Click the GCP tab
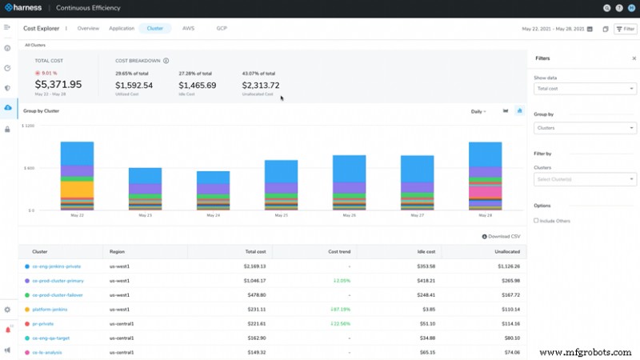[x=222, y=28]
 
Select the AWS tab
[x=188, y=28]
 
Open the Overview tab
[x=88, y=28]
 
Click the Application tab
[x=122, y=28]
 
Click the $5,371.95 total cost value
[x=58, y=84]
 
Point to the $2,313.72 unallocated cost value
[x=261, y=85]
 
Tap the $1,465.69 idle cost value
[x=198, y=85]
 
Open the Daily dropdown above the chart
[x=478, y=111]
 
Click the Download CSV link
[x=502, y=237]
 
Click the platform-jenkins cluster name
[x=49, y=310]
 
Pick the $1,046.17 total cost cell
[x=250, y=281]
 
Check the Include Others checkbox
[x=536, y=220]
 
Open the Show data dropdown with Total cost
[x=584, y=89]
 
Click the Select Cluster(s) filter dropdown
[x=584, y=179]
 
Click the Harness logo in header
[x=24, y=8]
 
